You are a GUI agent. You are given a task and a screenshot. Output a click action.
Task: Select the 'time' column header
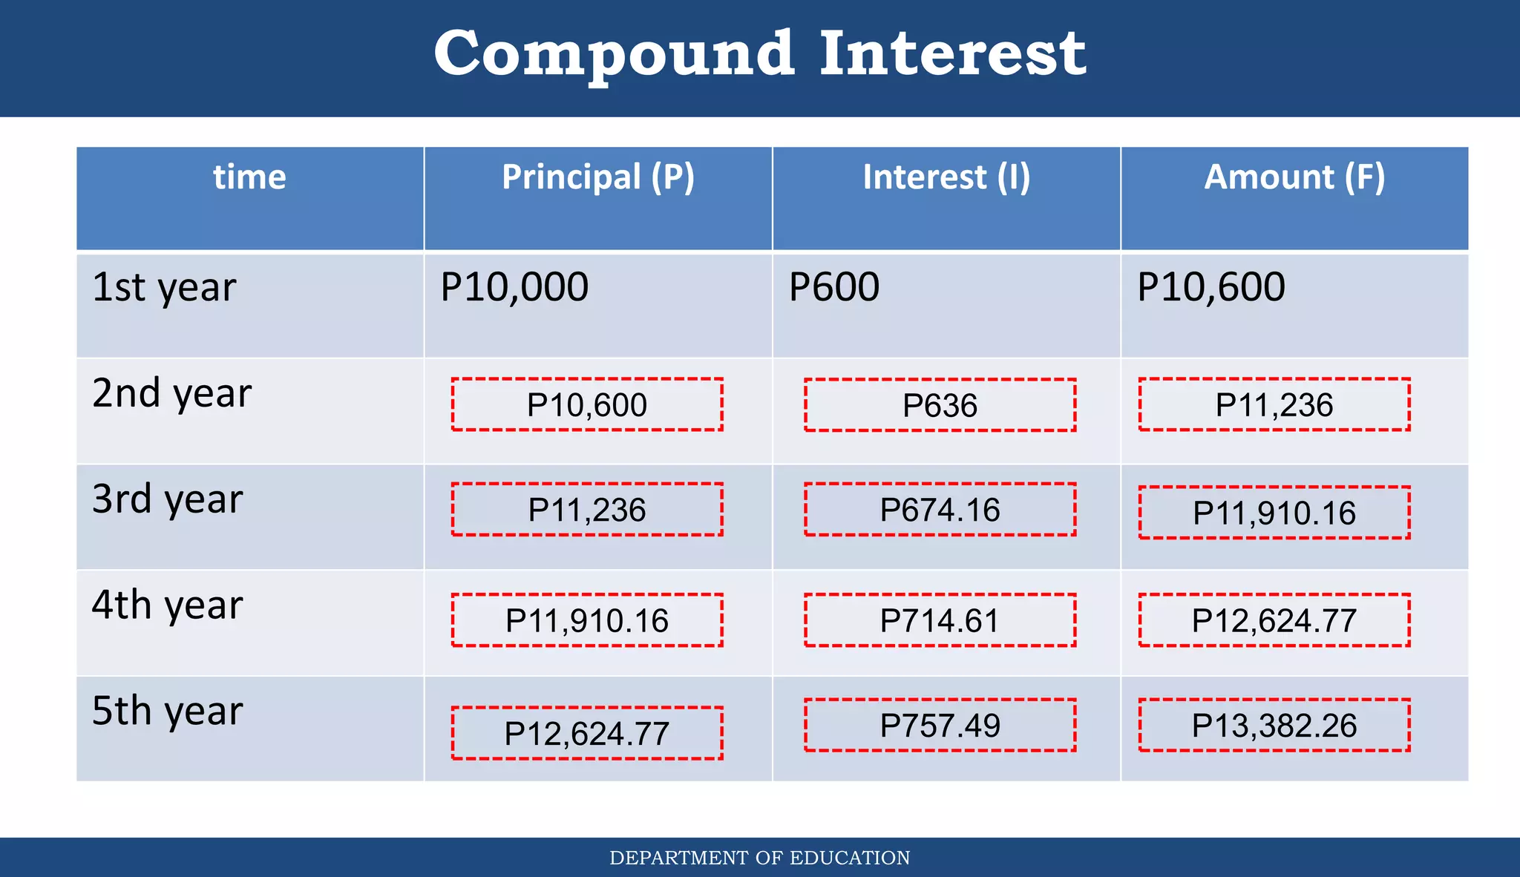tap(249, 177)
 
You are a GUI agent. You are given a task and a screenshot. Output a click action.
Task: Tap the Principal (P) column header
tap(597, 177)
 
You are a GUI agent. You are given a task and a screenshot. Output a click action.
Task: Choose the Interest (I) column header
tap(946, 177)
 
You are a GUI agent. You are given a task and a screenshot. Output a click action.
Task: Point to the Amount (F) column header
tap(1294, 177)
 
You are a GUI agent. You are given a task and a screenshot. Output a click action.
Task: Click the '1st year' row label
tap(164, 288)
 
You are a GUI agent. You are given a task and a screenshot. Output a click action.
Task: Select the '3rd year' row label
tap(168, 499)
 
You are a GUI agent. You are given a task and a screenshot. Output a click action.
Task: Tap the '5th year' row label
tap(168, 711)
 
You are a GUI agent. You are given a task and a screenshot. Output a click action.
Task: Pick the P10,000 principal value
tap(514, 287)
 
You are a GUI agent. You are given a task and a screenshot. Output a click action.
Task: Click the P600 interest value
tap(834, 287)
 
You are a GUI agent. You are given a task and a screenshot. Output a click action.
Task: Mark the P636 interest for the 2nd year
tap(940, 405)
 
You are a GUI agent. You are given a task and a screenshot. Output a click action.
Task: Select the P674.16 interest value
tap(940, 510)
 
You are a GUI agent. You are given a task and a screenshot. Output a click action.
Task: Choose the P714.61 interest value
tap(940, 620)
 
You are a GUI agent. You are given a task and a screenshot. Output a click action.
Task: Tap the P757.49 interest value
tap(940, 725)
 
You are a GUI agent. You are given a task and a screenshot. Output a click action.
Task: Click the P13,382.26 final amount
tap(1274, 725)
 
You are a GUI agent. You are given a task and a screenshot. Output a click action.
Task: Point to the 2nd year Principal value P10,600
tap(586, 405)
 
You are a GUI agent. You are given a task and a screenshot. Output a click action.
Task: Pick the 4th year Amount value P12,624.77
tap(1274, 620)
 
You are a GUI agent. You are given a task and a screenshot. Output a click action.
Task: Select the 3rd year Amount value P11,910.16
tap(1274, 513)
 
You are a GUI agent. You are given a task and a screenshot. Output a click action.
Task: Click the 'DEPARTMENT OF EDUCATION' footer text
tap(759, 858)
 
